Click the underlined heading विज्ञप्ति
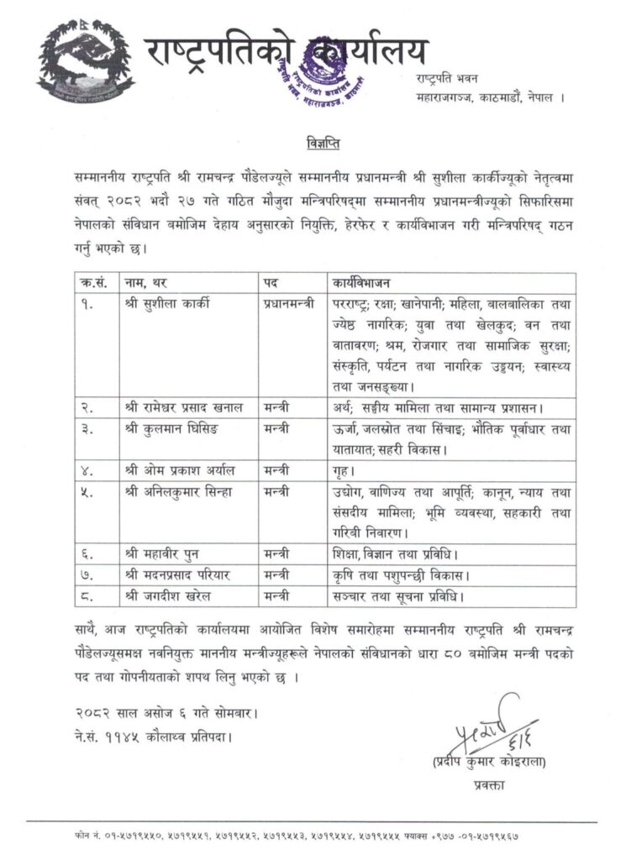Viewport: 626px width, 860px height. (x=317, y=140)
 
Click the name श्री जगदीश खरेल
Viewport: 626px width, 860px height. (x=171, y=597)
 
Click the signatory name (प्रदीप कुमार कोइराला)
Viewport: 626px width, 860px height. (x=487, y=763)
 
